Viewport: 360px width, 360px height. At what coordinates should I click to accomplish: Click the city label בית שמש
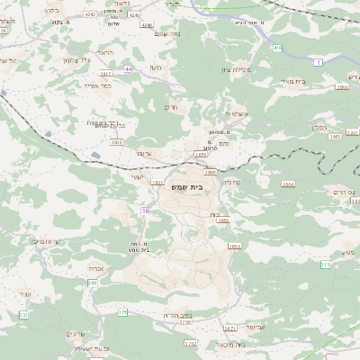(186, 186)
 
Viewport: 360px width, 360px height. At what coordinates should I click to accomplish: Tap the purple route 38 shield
(145, 211)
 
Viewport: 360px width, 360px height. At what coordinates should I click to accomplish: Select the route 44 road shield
(129, 68)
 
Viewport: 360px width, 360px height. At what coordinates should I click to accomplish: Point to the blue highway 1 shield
(318, 60)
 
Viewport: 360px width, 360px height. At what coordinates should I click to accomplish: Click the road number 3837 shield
(106, 74)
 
